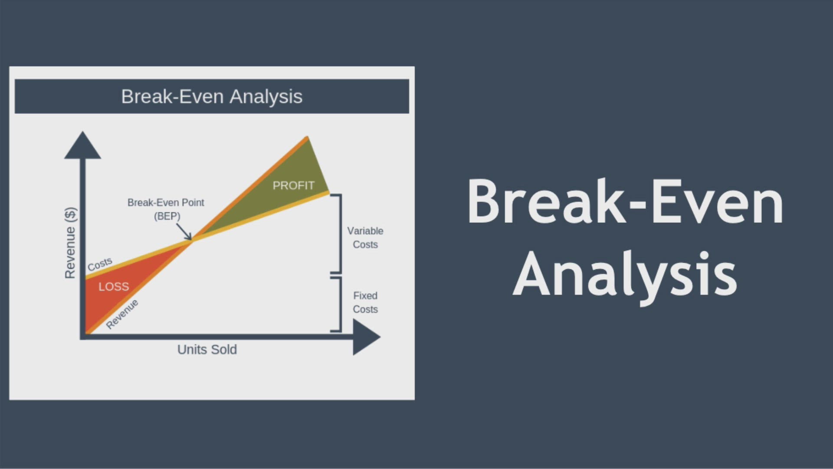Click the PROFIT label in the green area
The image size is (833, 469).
tap(293, 185)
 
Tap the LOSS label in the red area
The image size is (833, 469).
tap(114, 287)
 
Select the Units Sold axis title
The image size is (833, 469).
tap(207, 350)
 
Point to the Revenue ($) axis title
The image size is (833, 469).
tap(70, 243)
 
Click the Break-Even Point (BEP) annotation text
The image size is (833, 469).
tap(166, 209)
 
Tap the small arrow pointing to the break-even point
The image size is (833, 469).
tap(184, 231)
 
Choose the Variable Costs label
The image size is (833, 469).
tap(365, 238)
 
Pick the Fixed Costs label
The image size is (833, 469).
tap(365, 302)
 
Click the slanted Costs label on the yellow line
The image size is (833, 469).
tap(100, 264)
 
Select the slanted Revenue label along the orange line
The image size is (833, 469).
tap(122, 314)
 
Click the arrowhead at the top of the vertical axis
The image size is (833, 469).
tap(82, 145)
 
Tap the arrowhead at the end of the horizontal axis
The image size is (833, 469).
tap(367, 337)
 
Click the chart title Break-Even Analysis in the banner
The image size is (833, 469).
tap(212, 96)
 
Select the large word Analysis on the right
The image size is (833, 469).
tap(625, 274)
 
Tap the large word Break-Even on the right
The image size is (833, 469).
tap(625, 202)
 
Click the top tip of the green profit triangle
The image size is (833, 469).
tap(308, 137)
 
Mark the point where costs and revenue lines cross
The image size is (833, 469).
tap(191, 240)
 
